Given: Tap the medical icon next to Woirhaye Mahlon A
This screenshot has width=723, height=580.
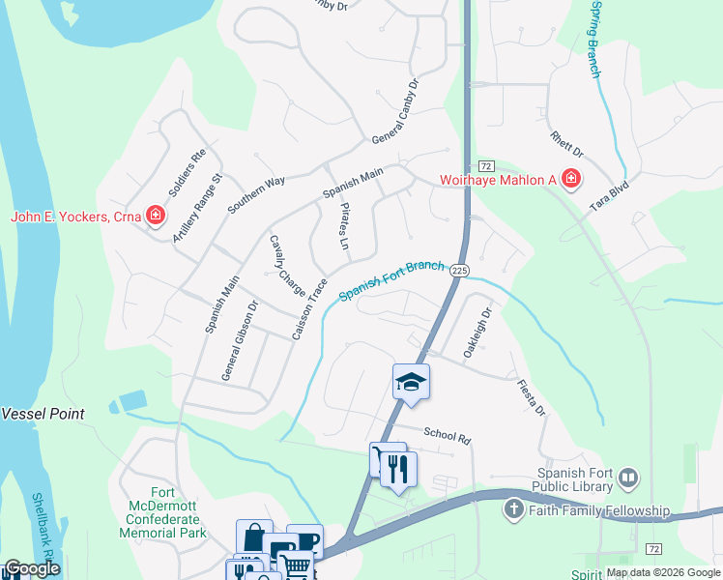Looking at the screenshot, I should [570, 179].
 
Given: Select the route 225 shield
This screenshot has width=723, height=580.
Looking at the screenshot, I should [459, 272].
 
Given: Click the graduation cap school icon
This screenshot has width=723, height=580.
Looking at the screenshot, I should [411, 382].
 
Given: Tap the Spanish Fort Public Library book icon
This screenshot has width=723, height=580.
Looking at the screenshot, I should [628, 478].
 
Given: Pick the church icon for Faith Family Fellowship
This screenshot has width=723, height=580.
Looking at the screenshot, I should [513, 508].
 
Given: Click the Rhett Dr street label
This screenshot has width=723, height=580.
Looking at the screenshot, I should [566, 146].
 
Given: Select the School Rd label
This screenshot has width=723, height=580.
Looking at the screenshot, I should [446, 436].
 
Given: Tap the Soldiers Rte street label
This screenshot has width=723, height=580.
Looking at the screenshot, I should [188, 171].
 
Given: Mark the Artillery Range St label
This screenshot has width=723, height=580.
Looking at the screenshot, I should [197, 208].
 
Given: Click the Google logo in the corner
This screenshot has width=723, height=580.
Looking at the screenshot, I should [32, 568].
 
